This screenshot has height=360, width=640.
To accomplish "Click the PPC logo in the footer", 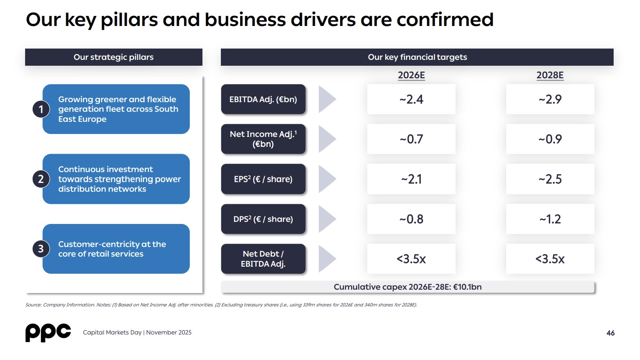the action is (48, 332).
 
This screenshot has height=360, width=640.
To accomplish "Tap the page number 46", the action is (610, 333).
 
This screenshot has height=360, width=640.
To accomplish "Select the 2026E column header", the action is (411, 75).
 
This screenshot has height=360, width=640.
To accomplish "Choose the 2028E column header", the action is (550, 75).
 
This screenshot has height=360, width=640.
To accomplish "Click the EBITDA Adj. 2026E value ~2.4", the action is (411, 99).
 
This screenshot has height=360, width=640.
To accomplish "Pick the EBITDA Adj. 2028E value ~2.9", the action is (550, 99).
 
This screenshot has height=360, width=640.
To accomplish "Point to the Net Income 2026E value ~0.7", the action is (411, 139).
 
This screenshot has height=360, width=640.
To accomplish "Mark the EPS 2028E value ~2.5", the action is (550, 179).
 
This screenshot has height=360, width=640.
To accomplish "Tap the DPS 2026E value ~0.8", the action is (411, 219).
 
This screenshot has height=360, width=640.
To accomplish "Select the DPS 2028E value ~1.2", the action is (550, 219).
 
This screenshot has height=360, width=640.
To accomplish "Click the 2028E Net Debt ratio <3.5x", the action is (550, 259).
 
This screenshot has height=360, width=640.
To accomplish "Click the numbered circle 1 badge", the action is (41, 109).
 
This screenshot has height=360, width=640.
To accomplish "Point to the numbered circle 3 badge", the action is (41, 249).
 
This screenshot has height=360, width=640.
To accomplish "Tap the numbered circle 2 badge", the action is (41, 179).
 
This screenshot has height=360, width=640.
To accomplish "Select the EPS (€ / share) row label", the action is (263, 179).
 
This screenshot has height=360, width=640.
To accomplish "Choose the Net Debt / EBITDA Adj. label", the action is (263, 259).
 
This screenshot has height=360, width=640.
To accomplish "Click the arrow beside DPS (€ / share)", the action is (328, 219).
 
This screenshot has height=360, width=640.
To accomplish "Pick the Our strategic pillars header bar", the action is (114, 57).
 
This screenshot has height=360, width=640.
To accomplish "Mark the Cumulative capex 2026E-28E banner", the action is (408, 287).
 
